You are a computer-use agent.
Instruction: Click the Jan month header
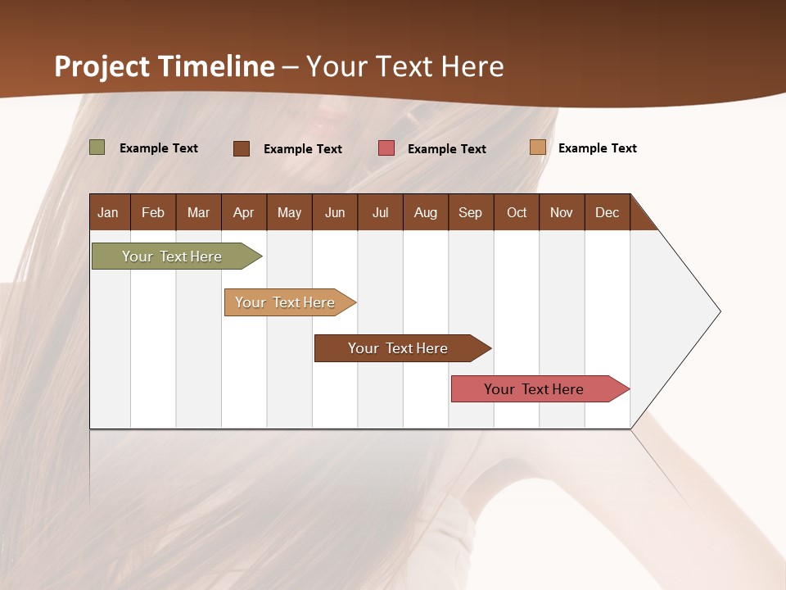click(108, 212)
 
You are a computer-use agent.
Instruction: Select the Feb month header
click(153, 212)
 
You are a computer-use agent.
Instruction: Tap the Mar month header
click(198, 212)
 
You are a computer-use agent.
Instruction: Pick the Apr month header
click(243, 212)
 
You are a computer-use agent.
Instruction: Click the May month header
click(289, 212)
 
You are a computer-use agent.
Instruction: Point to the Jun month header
click(335, 212)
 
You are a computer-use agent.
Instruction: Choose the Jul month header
click(380, 212)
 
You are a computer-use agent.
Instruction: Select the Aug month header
click(425, 212)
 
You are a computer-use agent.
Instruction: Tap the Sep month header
click(470, 212)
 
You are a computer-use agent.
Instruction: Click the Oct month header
click(517, 212)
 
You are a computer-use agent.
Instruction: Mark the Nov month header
click(562, 212)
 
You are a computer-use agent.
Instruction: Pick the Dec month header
click(607, 212)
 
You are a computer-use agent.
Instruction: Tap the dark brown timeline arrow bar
click(399, 348)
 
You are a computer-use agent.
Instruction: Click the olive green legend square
click(97, 147)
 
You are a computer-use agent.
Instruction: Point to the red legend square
click(386, 148)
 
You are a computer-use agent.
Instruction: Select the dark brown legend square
click(242, 148)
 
